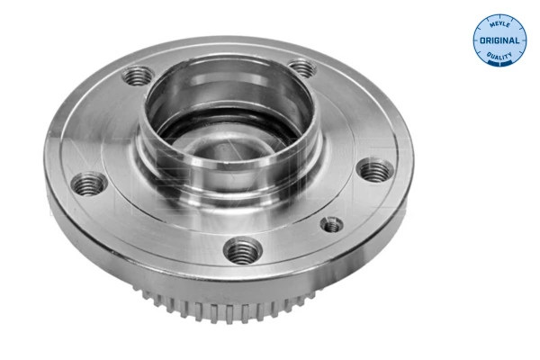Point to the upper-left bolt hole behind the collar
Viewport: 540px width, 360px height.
(x=138, y=76)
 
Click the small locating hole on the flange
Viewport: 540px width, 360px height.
(x=332, y=225)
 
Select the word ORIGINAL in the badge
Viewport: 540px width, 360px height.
(x=499, y=41)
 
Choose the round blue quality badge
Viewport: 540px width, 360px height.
(x=499, y=41)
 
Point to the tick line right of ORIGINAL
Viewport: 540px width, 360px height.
(x=520, y=41)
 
